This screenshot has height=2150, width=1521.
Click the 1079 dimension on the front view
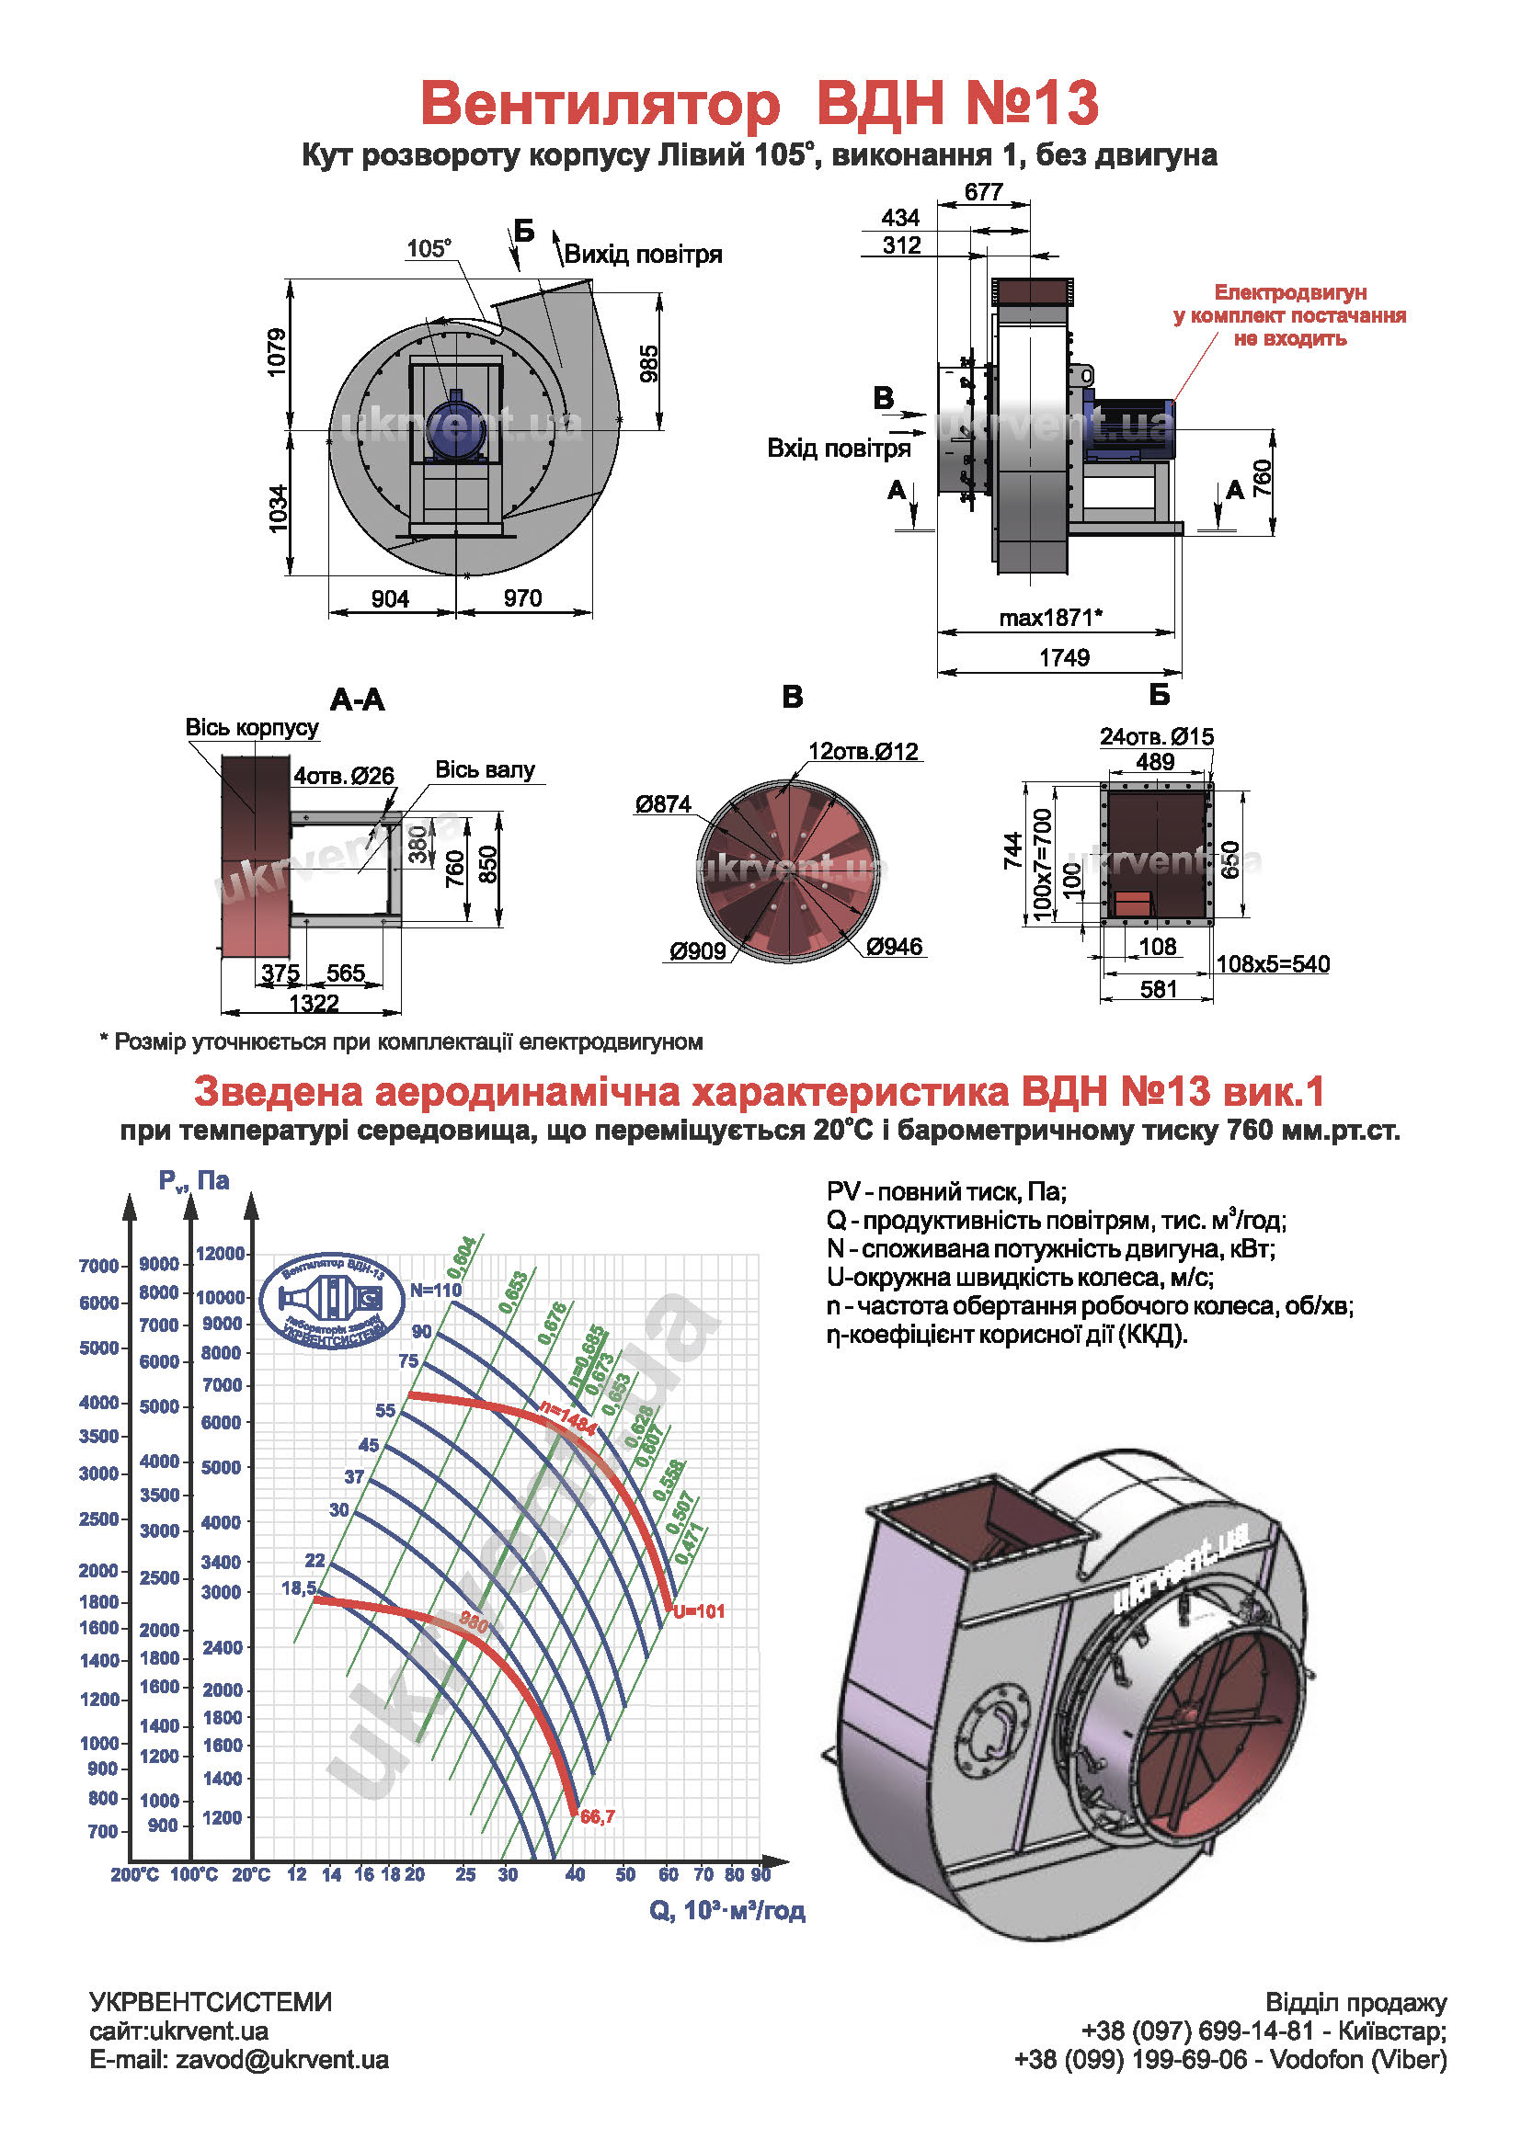[x=277, y=352]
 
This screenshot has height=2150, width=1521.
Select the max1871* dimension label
[x=1050, y=618]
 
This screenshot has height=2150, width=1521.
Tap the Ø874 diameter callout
[x=662, y=804]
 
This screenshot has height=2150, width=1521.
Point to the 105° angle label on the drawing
[x=428, y=249]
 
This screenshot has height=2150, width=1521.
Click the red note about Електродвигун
[x=1288, y=315]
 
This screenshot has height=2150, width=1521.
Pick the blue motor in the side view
[x=1130, y=429]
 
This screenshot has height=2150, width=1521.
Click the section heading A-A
[x=357, y=700]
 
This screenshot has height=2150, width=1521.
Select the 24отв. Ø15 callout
[x=1156, y=737]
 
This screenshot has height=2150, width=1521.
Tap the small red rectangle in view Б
[x=1131, y=904]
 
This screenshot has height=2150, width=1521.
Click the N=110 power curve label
[x=436, y=1291]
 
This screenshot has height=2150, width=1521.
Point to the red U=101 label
[x=699, y=1611]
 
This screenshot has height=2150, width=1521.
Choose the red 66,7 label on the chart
[x=598, y=1816]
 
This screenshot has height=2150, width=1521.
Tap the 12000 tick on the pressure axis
[x=220, y=1254]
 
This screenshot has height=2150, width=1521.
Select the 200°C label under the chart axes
[x=135, y=1873]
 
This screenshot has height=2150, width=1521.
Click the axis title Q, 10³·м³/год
[x=726, y=1910]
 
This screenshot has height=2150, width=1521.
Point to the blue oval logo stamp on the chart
[x=334, y=1301]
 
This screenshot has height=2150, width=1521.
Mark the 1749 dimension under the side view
[x=1064, y=657]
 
